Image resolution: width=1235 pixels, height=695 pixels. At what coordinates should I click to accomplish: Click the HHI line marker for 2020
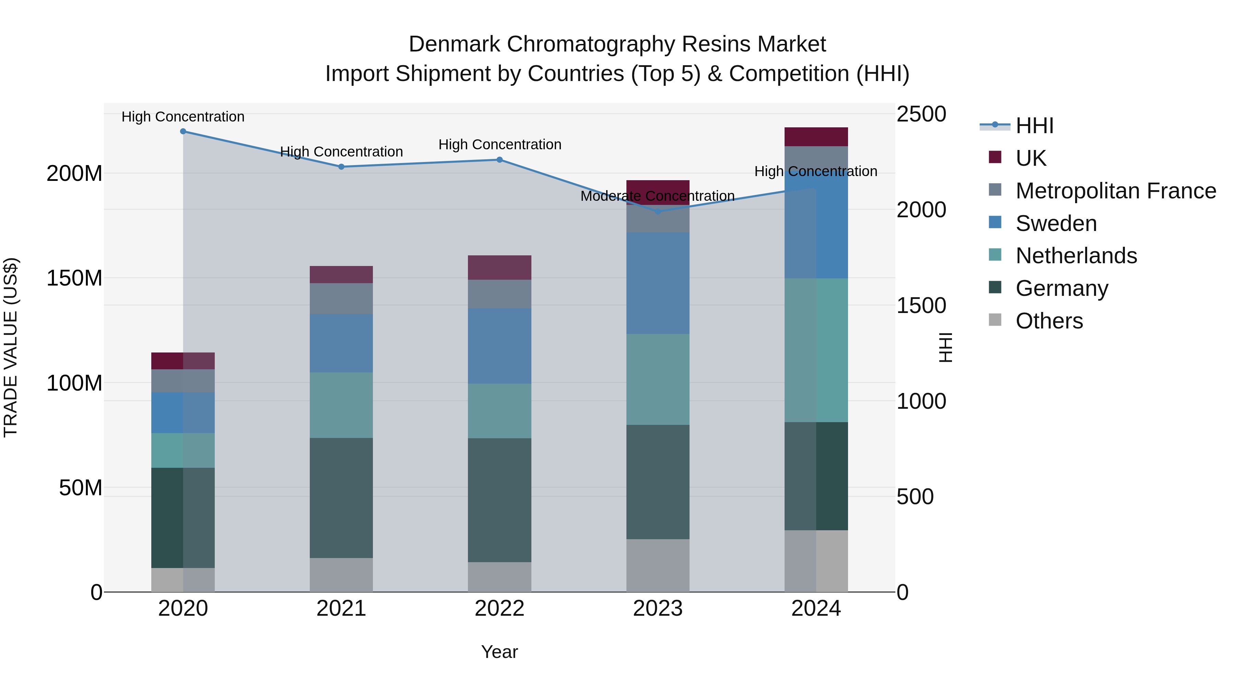coord(183,131)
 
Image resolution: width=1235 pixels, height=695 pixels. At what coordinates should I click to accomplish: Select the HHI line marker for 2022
coord(499,160)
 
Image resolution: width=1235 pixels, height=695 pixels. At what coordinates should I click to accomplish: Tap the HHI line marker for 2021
coord(341,167)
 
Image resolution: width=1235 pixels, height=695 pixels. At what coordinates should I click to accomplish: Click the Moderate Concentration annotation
coord(657,196)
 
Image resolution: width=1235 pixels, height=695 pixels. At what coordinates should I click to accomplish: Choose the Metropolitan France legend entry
coord(1115,191)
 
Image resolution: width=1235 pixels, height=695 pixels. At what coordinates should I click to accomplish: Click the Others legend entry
coord(1049,321)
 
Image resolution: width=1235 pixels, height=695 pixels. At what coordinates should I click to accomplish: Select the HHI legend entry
coord(1034,126)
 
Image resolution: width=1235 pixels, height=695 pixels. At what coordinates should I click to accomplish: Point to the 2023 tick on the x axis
coord(657,609)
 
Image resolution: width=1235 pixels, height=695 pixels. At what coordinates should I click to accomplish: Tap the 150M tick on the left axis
coord(74,278)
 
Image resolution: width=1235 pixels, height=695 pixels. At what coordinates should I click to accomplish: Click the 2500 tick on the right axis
coord(921,114)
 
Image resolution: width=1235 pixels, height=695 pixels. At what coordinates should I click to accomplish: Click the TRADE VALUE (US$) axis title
coord(11,347)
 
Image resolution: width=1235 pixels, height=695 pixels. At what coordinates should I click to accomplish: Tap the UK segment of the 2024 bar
coord(816,137)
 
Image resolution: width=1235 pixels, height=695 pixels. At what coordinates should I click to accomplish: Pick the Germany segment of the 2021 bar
coord(341,498)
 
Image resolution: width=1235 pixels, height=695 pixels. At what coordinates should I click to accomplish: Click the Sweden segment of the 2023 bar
coord(657,283)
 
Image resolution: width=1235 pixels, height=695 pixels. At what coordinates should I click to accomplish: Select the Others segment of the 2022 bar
coord(499,577)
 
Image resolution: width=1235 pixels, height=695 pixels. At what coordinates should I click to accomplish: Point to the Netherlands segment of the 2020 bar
coord(183,450)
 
